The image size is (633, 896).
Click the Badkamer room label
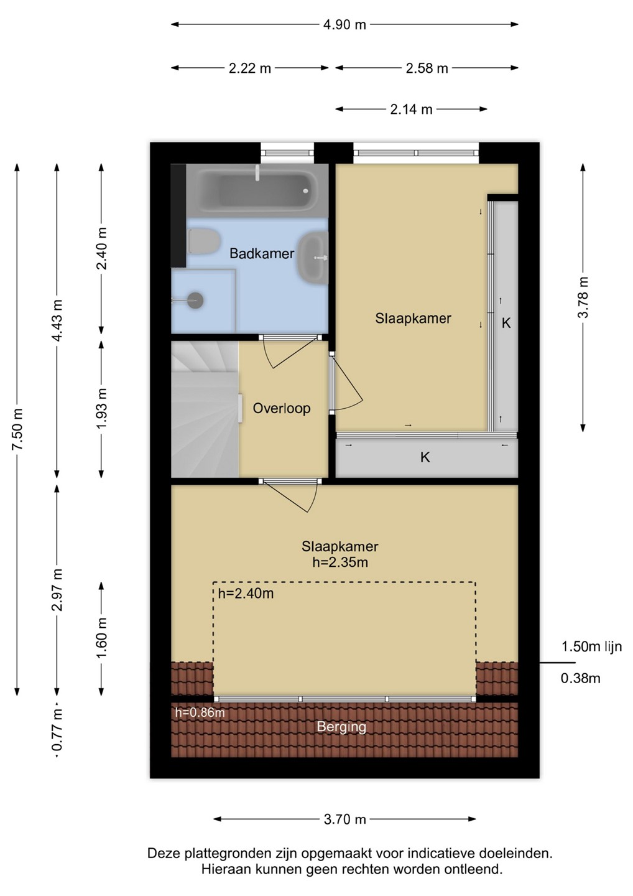(x=262, y=254)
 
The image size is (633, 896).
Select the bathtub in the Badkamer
(x=258, y=191)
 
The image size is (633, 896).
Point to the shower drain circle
(x=196, y=300)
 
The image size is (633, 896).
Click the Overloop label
(x=282, y=408)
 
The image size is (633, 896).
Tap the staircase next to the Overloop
(x=205, y=409)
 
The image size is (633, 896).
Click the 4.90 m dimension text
(x=344, y=25)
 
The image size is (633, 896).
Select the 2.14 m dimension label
(x=411, y=110)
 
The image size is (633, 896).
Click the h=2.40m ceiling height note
(x=246, y=593)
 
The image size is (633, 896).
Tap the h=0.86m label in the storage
(x=200, y=712)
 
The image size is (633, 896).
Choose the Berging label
(x=341, y=726)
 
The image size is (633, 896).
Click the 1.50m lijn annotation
(x=592, y=646)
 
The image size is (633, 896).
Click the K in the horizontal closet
(x=425, y=457)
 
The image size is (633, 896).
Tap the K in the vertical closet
(x=506, y=323)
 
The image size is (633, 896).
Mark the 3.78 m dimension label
(x=583, y=297)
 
